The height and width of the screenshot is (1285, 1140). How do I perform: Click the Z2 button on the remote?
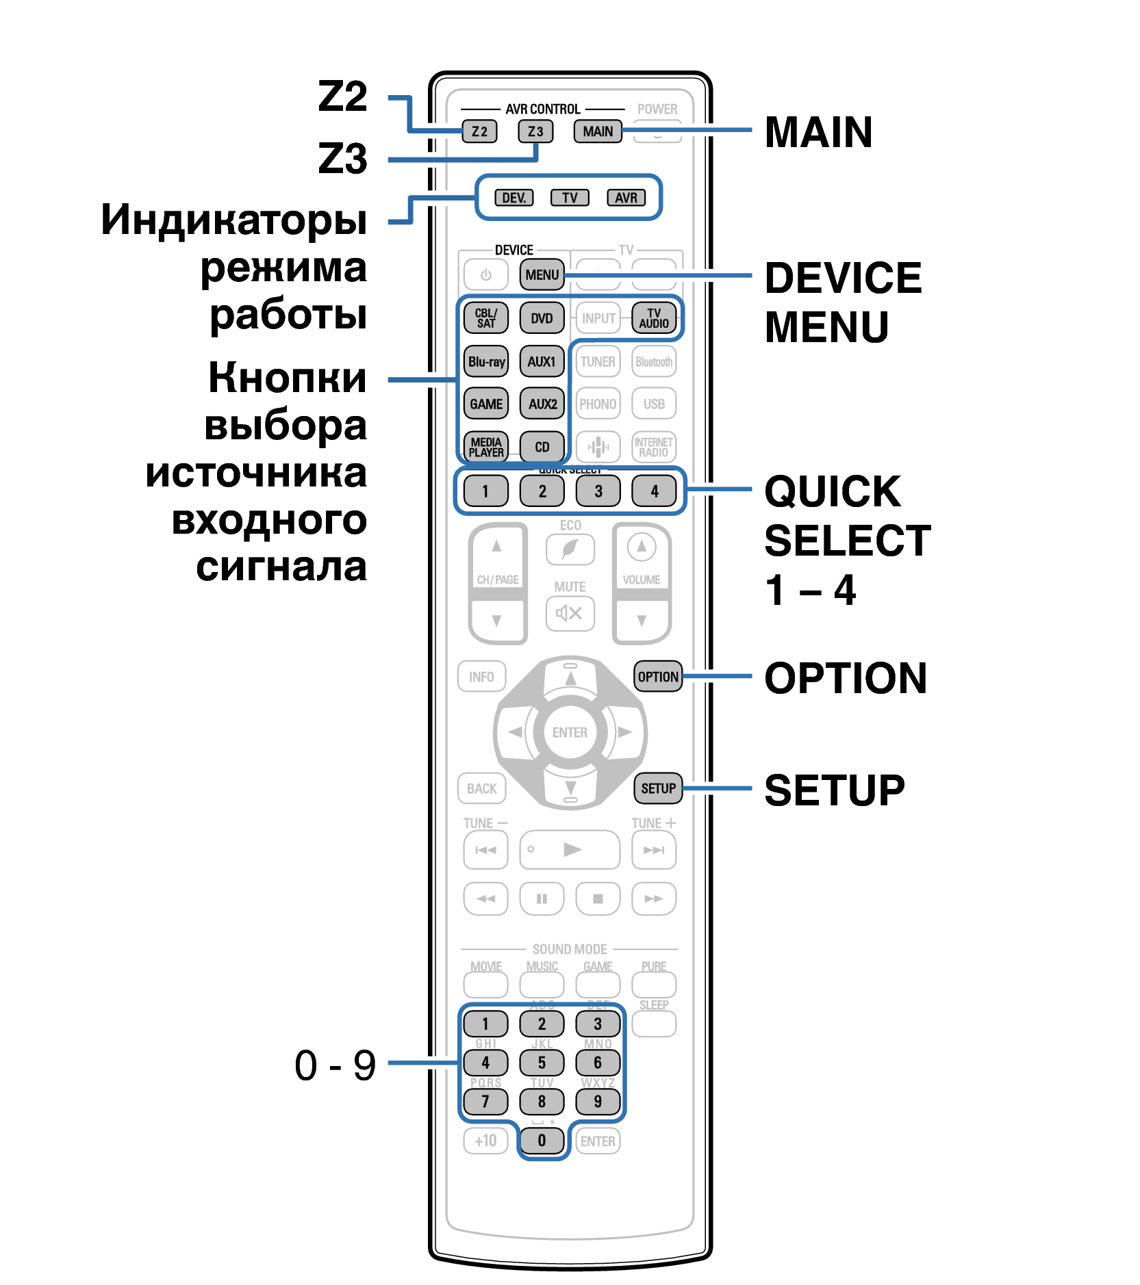click(x=479, y=131)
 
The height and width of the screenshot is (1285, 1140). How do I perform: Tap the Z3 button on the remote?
click(x=535, y=131)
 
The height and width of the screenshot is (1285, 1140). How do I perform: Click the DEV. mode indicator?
click(x=514, y=198)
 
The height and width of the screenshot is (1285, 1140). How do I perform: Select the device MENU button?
click(x=542, y=274)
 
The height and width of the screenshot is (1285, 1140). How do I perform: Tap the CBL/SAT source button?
click(x=486, y=318)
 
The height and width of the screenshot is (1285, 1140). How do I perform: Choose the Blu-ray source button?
click(x=486, y=361)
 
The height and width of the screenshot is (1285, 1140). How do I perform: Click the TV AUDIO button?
click(x=654, y=318)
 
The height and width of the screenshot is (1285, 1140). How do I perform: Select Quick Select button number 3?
click(x=598, y=491)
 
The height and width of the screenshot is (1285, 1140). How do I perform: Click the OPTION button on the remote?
click(x=658, y=677)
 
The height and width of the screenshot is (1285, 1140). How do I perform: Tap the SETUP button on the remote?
click(x=658, y=788)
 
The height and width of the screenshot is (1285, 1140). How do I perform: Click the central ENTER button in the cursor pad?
click(x=570, y=732)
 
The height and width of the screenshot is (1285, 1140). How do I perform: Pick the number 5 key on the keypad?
click(x=542, y=1063)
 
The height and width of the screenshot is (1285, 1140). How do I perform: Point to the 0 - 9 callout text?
click(x=335, y=1065)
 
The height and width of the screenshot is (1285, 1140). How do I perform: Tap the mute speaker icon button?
click(x=570, y=613)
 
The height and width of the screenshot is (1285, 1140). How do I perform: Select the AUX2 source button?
click(x=542, y=404)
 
